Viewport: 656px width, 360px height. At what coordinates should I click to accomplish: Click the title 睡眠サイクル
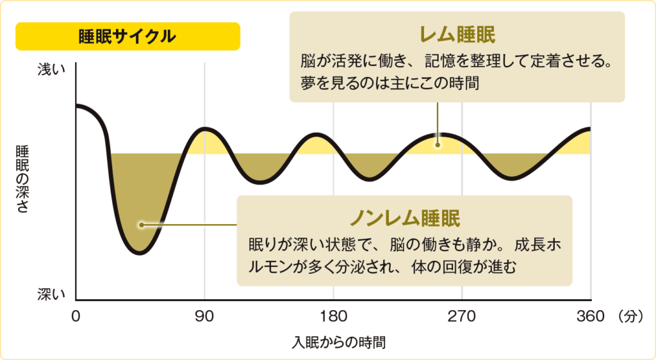(x=127, y=37)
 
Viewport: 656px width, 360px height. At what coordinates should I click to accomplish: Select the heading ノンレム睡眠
(x=404, y=218)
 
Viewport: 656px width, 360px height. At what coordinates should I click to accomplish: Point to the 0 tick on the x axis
(x=76, y=316)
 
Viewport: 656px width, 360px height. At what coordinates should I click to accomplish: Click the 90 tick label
(x=204, y=316)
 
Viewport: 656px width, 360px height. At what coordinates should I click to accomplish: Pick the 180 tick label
(x=332, y=316)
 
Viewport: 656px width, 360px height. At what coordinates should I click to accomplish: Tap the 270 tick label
(x=461, y=316)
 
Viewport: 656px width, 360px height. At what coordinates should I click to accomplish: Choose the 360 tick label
(x=590, y=316)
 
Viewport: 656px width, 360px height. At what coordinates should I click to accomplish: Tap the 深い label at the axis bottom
(x=51, y=294)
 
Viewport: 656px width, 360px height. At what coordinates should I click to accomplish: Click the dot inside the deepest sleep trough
(x=141, y=225)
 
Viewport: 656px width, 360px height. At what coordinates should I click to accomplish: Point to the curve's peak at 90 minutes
(x=204, y=129)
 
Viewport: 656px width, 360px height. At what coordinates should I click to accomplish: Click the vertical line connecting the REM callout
(x=438, y=122)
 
